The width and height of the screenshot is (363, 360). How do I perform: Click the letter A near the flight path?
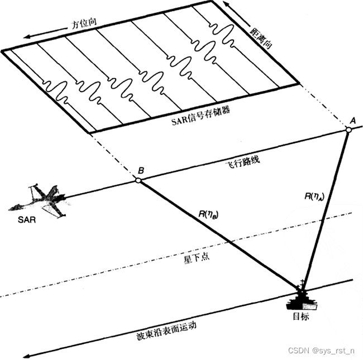(x=352, y=120)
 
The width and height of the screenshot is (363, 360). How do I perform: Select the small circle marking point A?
(x=347, y=130)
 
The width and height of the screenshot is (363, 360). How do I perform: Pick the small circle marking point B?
(x=138, y=180)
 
